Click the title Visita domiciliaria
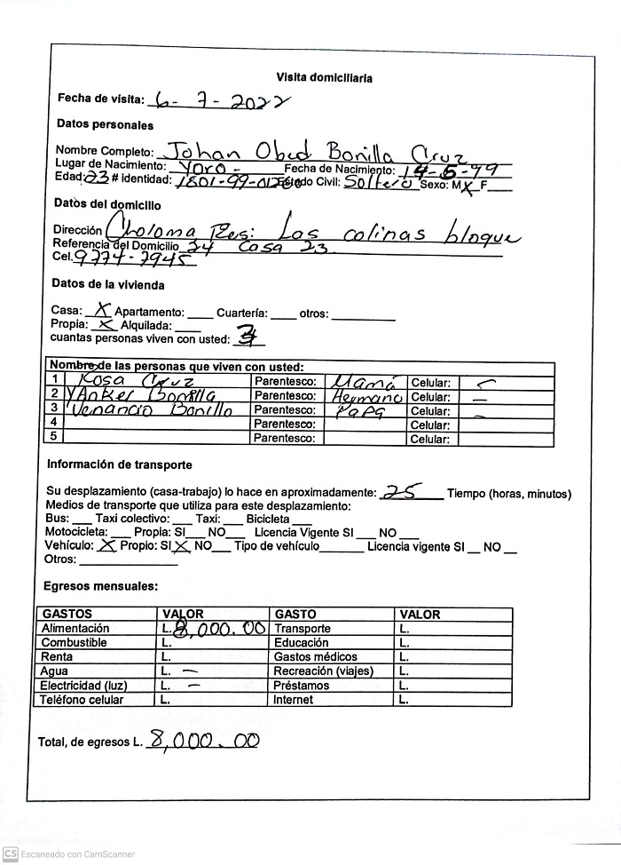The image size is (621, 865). pyautogui.click(x=324, y=77)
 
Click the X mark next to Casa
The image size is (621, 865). pyautogui.click(x=103, y=311)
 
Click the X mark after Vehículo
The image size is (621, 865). pyautogui.click(x=107, y=545)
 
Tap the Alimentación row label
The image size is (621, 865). pyautogui.click(x=75, y=628)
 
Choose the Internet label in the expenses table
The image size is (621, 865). pyautogui.click(x=294, y=700)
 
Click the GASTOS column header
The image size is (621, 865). pyautogui.click(x=67, y=614)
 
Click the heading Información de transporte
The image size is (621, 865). pyautogui.click(x=119, y=464)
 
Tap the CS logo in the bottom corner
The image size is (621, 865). pyautogui.click(x=11, y=853)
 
